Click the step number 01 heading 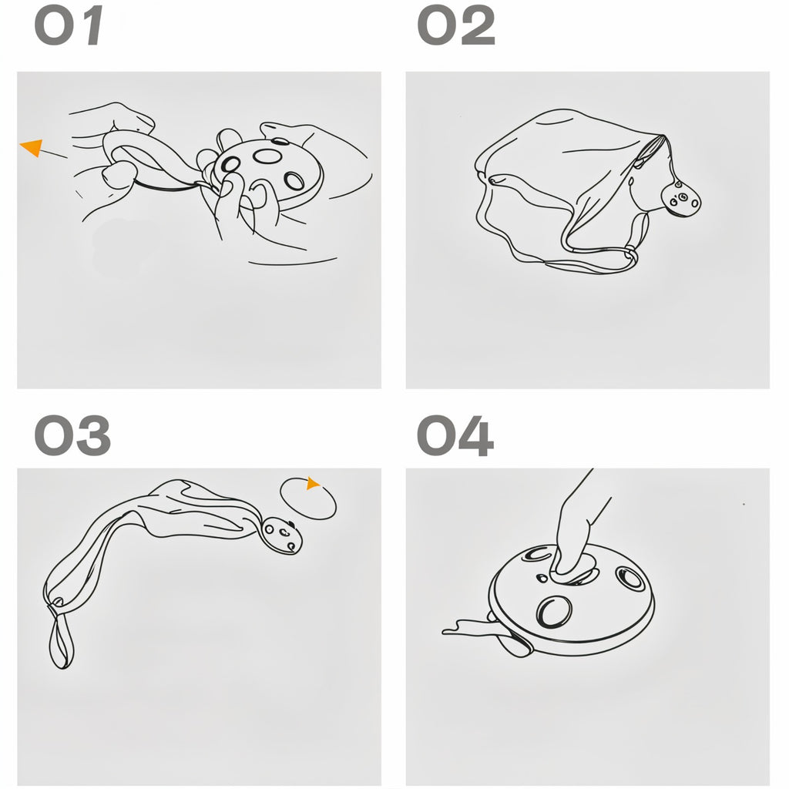(x=69, y=26)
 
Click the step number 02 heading (x=456, y=26)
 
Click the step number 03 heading (x=72, y=435)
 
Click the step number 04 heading (x=455, y=435)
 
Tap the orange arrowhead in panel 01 (x=32, y=147)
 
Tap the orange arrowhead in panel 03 (x=313, y=484)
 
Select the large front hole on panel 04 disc (x=554, y=611)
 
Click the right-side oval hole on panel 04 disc (x=630, y=578)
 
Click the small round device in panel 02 (x=681, y=200)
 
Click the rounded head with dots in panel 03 (x=281, y=535)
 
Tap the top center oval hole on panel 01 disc (x=267, y=156)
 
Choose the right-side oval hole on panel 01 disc (x=294, y=180)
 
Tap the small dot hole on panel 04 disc (x=542, y=578)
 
